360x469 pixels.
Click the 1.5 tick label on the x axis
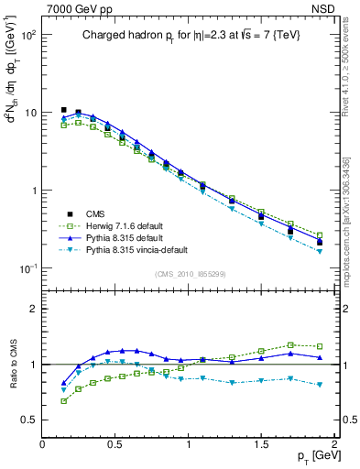pyautogui.click(x=261, y=444)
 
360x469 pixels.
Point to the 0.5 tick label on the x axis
pyautogui.click(x=115, y=444)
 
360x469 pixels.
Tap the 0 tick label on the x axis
pyautogui.click(x=42, y=444)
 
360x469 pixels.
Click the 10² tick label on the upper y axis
pyautogui.click(x=27, y=35)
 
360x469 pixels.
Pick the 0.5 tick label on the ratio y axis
pyautogui.click(x=27, y=420)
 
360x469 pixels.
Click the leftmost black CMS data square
pyautogui.click(x=64, y=110)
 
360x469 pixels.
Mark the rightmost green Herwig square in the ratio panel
pyautogui.click(x=320, y=346)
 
